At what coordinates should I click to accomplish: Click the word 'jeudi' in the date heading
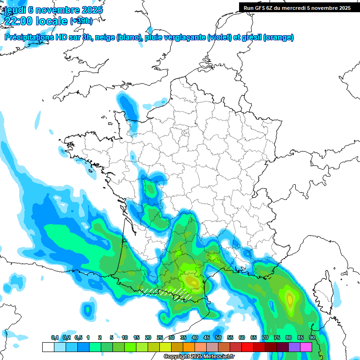(x=14, y=10)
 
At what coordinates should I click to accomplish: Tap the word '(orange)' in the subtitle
(x=278, y=37)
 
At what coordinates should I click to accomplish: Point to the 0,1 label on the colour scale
(x=55, y=337)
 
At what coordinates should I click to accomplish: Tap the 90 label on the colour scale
(x=312, y=337)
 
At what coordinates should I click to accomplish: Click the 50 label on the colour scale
(x=218, y=337)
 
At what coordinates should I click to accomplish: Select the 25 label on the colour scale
(x=160, y=337)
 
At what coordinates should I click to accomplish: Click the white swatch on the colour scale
(x=48, y=347)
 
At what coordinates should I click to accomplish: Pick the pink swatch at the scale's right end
(x=306, y=347)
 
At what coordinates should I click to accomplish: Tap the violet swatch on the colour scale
(x=294, y=347)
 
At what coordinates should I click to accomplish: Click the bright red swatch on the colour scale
(x=247, y=347)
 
